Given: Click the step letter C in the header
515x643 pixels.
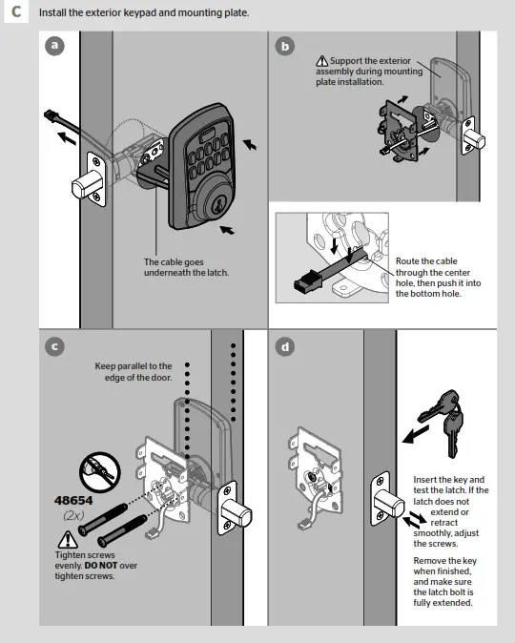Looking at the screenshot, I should [x=16, y=13].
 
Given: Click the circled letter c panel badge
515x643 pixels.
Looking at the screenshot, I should [x=56, y=346].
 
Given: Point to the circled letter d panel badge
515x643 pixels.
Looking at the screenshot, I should [x=284, y=346].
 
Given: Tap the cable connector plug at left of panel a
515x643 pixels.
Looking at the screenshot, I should [x=52, y=116].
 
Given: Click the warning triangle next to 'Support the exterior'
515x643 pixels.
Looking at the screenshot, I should [x=321, y=61].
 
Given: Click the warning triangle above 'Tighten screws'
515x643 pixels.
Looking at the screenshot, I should [x=62, y=540].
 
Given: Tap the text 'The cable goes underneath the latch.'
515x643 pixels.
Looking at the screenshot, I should [x=186, y=267].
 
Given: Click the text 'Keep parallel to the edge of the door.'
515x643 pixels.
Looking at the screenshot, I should [x=134, y=372].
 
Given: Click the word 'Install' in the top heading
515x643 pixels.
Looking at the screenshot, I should [x=53, y=13].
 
